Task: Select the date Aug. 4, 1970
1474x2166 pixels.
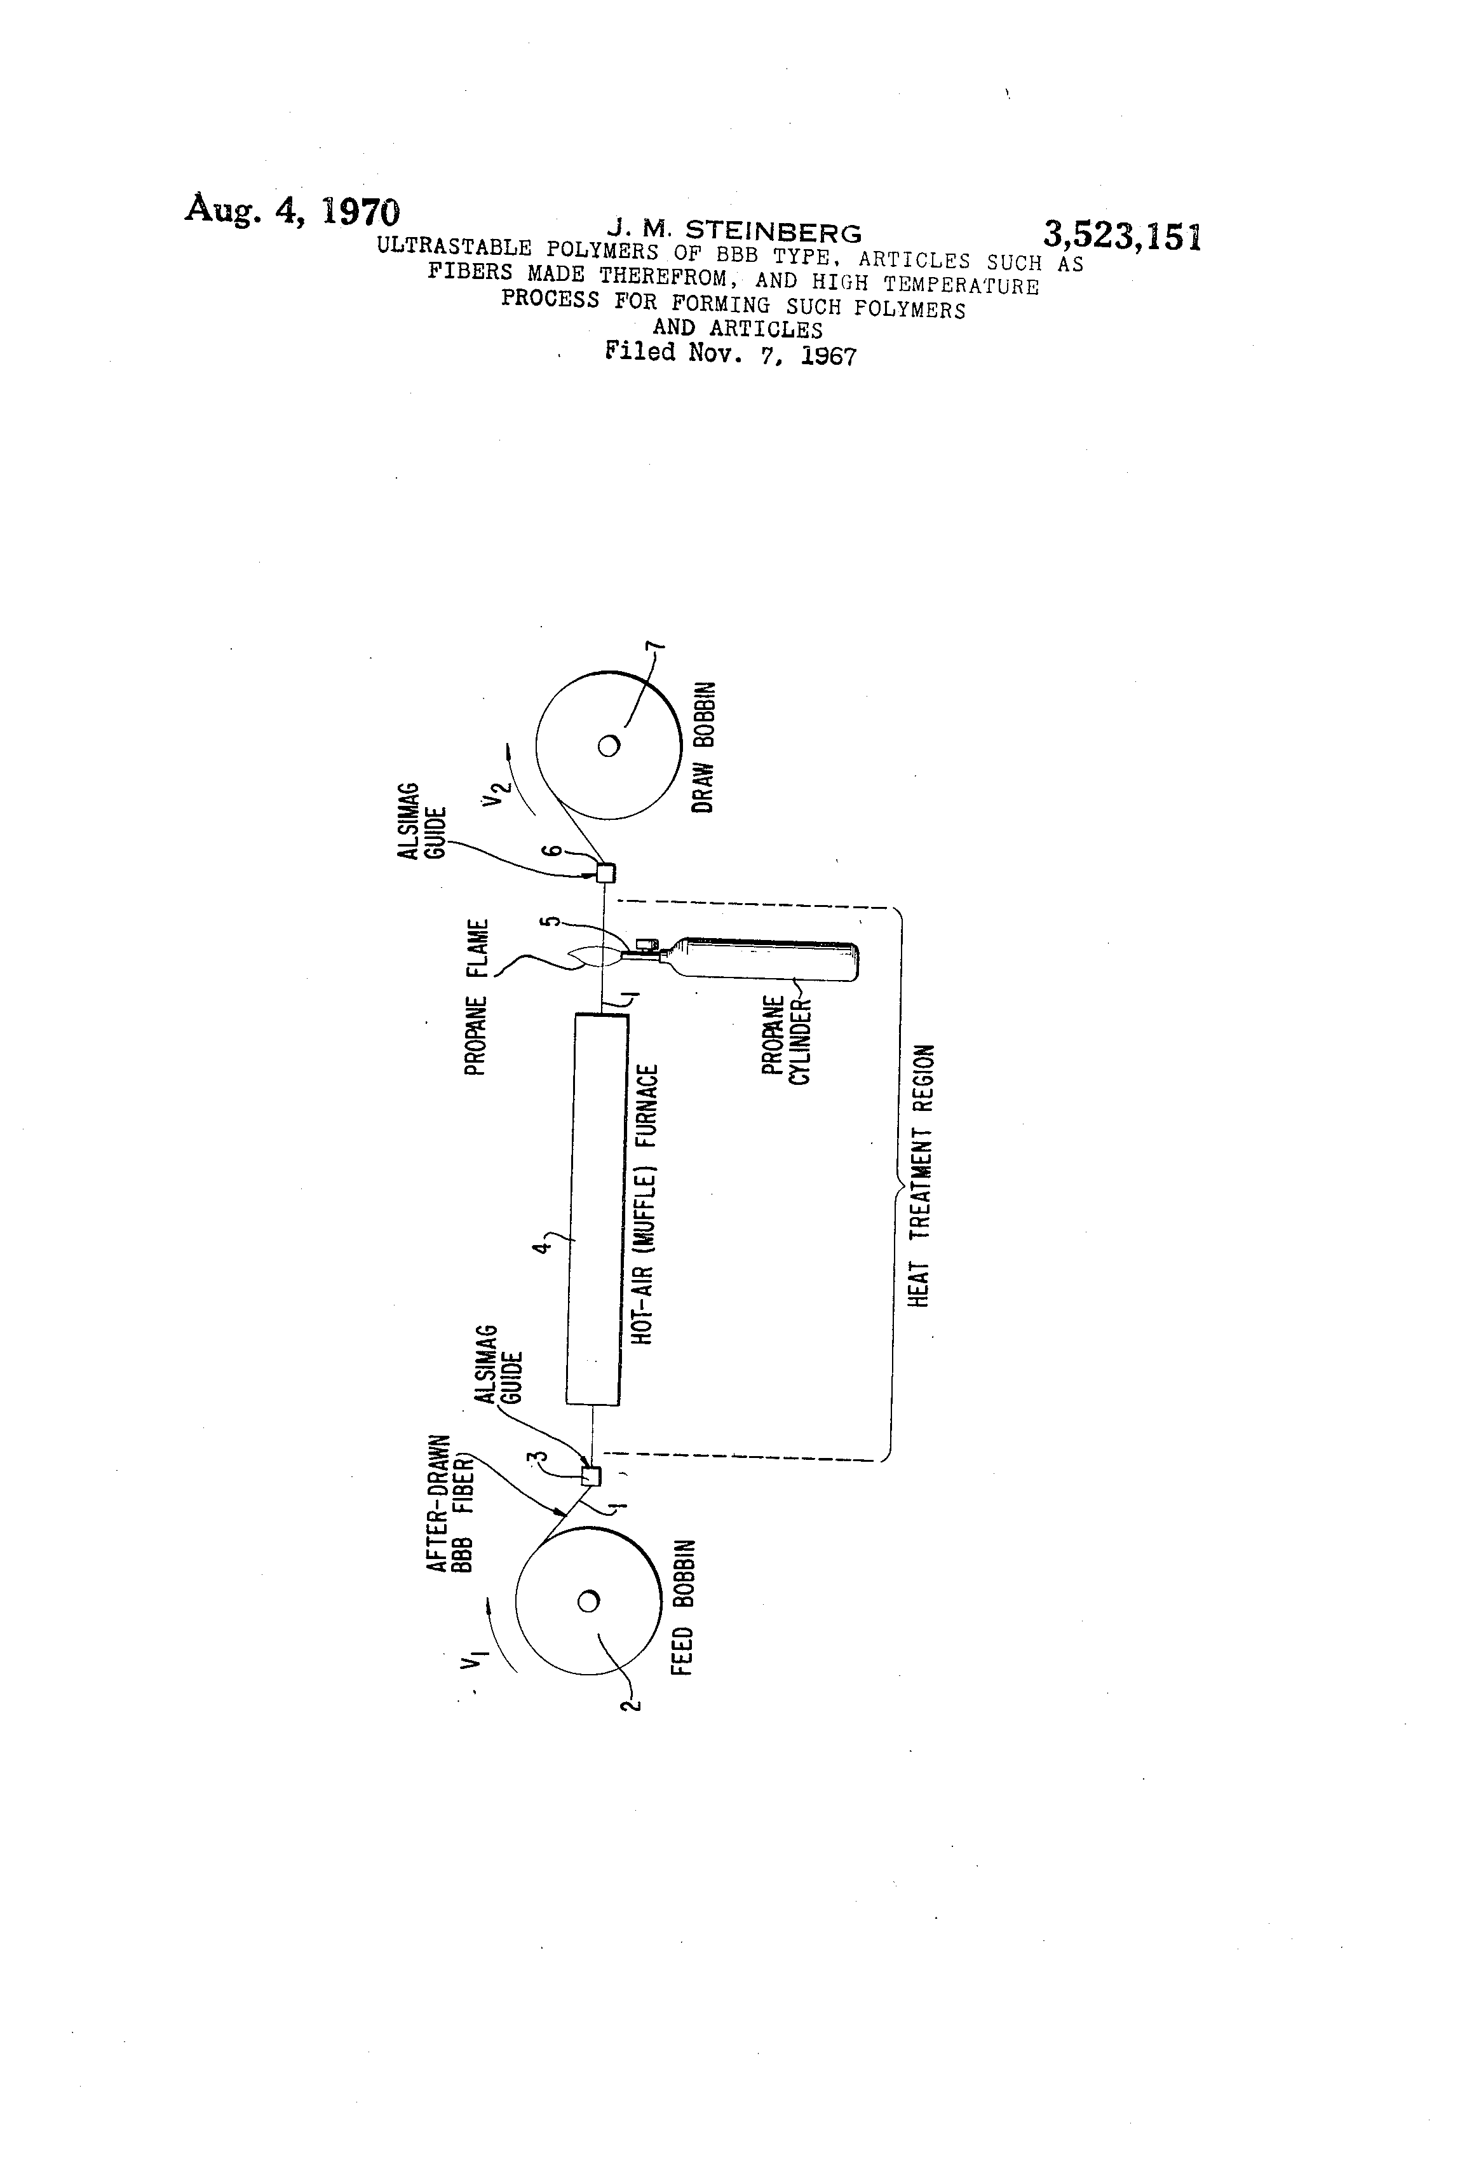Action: (292, 210)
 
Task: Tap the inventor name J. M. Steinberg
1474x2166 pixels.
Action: (734, 230)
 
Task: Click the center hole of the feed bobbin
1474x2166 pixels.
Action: (588, 1601)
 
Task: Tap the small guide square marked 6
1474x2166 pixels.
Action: (605, 873)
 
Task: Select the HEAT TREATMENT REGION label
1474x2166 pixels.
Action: (921, 1176)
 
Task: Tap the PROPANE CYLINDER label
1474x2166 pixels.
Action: (787, 1041)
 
